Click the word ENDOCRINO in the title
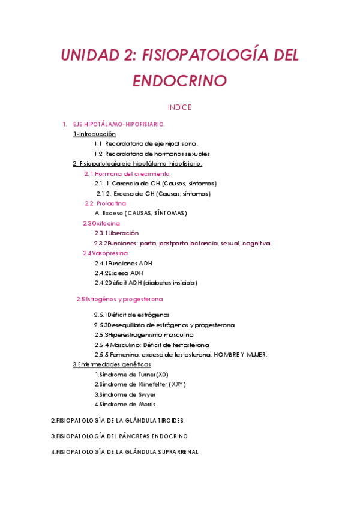point(180,80)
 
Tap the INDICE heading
point(179,107)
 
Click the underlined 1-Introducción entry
point(94,134)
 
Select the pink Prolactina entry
point(109,203)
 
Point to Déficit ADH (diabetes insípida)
point(146,282)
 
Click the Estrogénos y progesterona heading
point(119,299)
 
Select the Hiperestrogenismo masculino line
point(143,334)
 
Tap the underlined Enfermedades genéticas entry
point(112,364)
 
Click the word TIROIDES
point(169,420)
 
